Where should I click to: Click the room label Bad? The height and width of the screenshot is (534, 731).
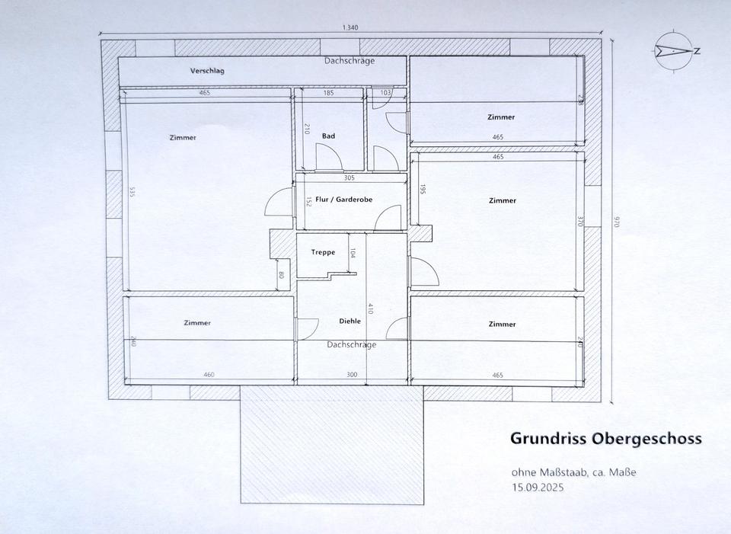point(328,136)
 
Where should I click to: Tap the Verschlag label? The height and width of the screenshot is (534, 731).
point(207,71)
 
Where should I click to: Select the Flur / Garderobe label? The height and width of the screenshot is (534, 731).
point(344,200)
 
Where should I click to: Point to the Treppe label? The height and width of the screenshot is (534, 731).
point(323,252)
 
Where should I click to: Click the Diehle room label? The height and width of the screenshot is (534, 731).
point(350,321)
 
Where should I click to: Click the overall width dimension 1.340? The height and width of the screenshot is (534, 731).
point(350,27)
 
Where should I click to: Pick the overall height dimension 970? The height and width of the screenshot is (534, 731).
point(615,221)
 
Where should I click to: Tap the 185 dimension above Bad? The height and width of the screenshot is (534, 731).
point(329,93)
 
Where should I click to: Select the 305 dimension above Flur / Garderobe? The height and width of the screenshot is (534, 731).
point(350,177)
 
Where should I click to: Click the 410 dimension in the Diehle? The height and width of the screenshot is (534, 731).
point(370,309)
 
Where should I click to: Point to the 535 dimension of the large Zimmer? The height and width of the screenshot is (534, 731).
point(132,193)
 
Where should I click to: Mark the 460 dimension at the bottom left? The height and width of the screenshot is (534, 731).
point(209,375)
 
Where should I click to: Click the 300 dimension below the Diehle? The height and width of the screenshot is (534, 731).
point(352,375)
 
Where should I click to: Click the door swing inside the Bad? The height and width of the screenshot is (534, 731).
point(329,157)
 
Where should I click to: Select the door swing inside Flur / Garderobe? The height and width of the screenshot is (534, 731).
point(388,217)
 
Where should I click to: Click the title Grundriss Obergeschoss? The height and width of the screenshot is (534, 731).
point(606,439)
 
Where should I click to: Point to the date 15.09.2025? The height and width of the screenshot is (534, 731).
point(538,488)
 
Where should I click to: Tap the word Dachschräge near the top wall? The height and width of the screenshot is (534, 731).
point(350,61)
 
